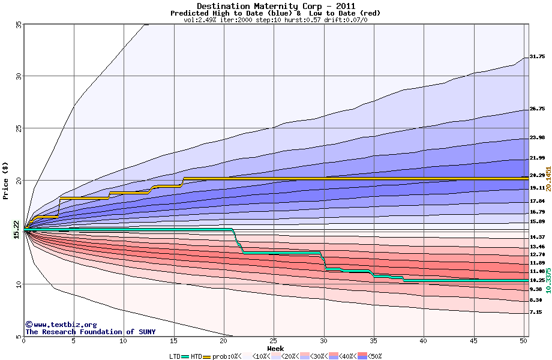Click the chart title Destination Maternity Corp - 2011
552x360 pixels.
click(275, 6)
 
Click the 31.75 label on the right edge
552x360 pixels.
click(537, 57)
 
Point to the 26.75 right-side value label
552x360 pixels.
click(537, 109)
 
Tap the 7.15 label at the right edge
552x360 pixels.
click(536, 312)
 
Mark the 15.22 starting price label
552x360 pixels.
click(16, 230)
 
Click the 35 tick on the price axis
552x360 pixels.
click(19, 25)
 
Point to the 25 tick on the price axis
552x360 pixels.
click(19, 128)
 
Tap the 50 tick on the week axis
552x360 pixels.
click(523, 341)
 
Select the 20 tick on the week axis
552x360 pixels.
click(223, 341)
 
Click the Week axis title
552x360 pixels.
click(275, 348)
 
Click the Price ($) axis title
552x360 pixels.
click(7, 180)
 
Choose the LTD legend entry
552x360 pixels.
click(175, 356)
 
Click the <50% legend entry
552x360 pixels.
click(373, 356)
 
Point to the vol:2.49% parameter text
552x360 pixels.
click(202, 20)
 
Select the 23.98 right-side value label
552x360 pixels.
click(537, 138)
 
